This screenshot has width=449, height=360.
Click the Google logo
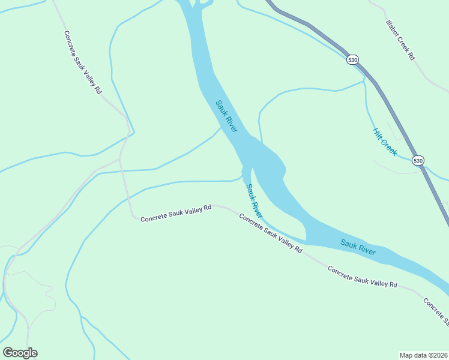pyautogui.click(x=20, y=353)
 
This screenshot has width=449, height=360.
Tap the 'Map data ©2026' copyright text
pyautogui.click(x=423, y=355)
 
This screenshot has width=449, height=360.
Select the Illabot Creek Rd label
pyautogui.click(x=400, y=40)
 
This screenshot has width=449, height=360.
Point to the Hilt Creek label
pyautogui.click(x=384, y=142)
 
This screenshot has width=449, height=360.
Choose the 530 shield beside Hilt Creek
pyautogui.click(x=418, y=160)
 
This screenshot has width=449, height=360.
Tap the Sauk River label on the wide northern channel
pyautogui.click(x=227, y=116)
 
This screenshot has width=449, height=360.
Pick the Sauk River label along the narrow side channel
pyautogui.click(x=254, y=201)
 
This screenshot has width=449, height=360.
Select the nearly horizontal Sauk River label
pyautogui.click(x=358, y=247)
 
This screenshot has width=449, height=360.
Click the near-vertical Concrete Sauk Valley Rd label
pyautogui.click(x=83, y=62)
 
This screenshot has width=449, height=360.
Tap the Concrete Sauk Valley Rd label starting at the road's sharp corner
pyautogui.click(x=176, y=213)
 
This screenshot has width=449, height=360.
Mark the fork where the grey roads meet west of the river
pyautogui.click(x=120, y=160)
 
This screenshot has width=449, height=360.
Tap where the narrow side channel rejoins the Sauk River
pyautogui.click(x=306, y=242)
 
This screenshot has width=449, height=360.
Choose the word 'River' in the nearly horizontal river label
pyautogui.click(x=366, y=250)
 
